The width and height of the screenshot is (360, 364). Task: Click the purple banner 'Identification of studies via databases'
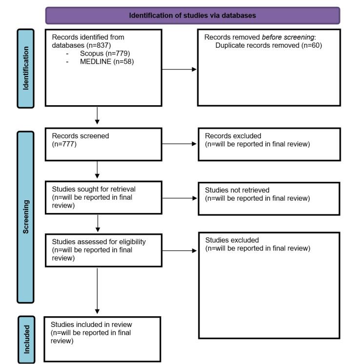coord(192,16)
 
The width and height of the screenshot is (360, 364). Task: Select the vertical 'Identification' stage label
coord(26,68)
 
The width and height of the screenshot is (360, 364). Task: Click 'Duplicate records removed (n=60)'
coord(269,45)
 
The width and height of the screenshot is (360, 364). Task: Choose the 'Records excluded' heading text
coord(233,135)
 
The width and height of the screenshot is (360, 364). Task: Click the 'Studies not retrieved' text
coord(237,190)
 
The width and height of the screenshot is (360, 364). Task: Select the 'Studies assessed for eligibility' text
coord(95,241)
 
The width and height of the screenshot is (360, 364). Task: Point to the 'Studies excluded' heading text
coord(232,240)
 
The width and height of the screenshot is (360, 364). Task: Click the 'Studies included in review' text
coord(91,324)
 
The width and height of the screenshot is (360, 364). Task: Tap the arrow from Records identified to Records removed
coord(179,69)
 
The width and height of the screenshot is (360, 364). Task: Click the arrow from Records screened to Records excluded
coord(179,144)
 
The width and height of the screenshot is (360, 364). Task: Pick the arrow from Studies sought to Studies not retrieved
coord(179,198)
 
